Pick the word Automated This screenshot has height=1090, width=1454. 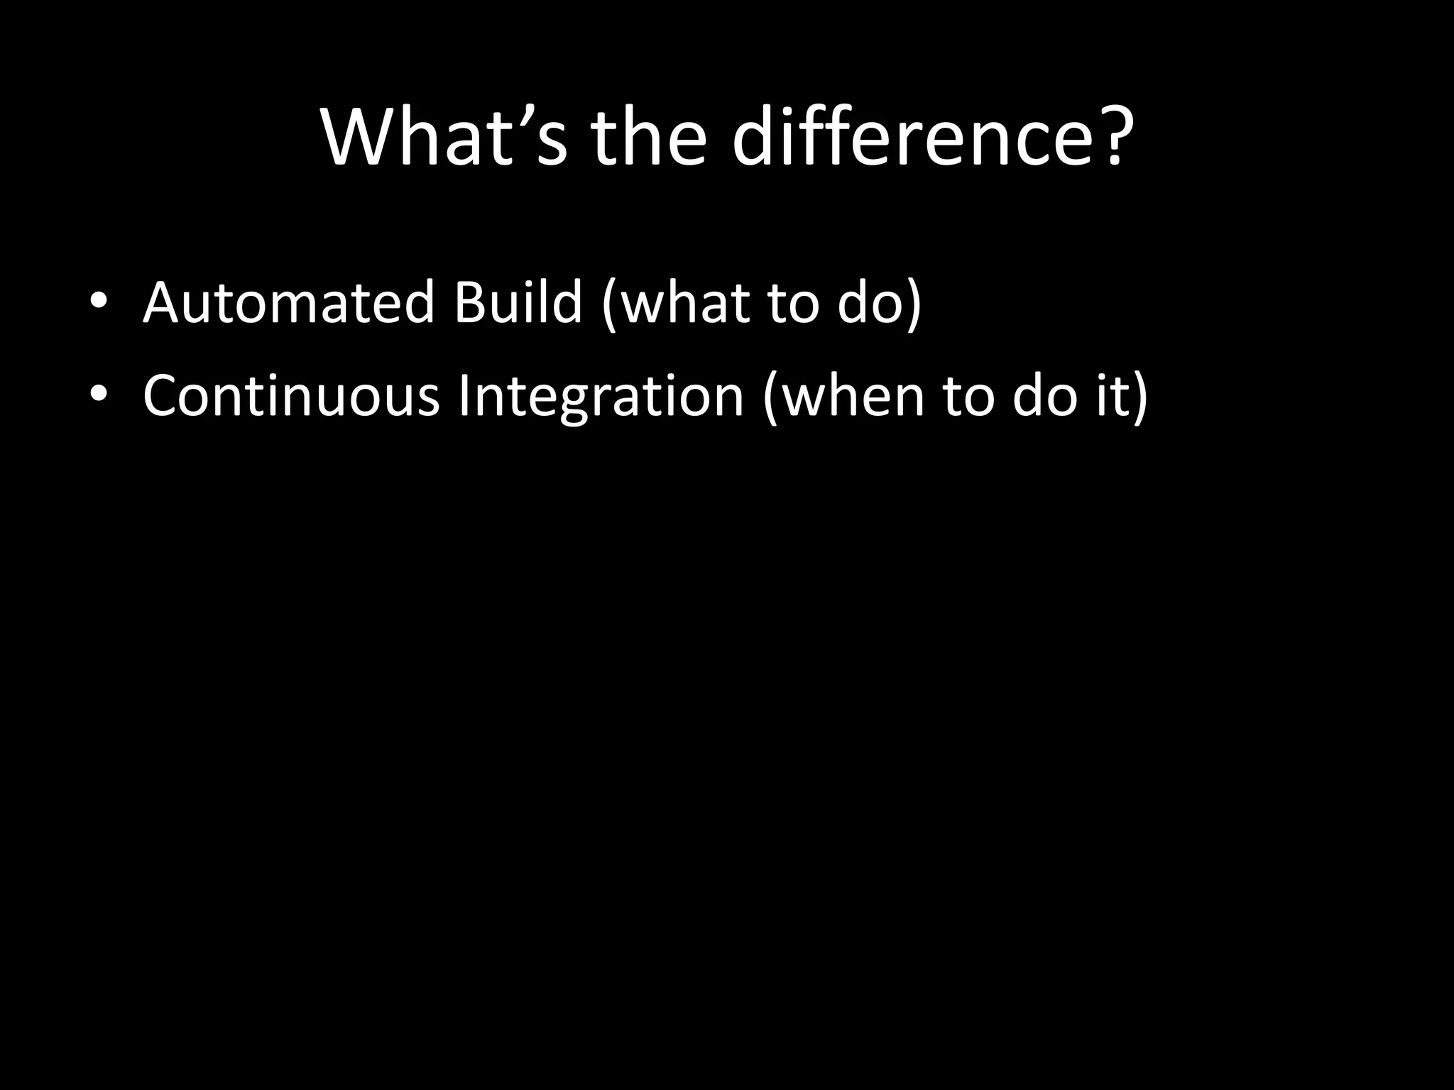288,302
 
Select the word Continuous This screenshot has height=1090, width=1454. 291,395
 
